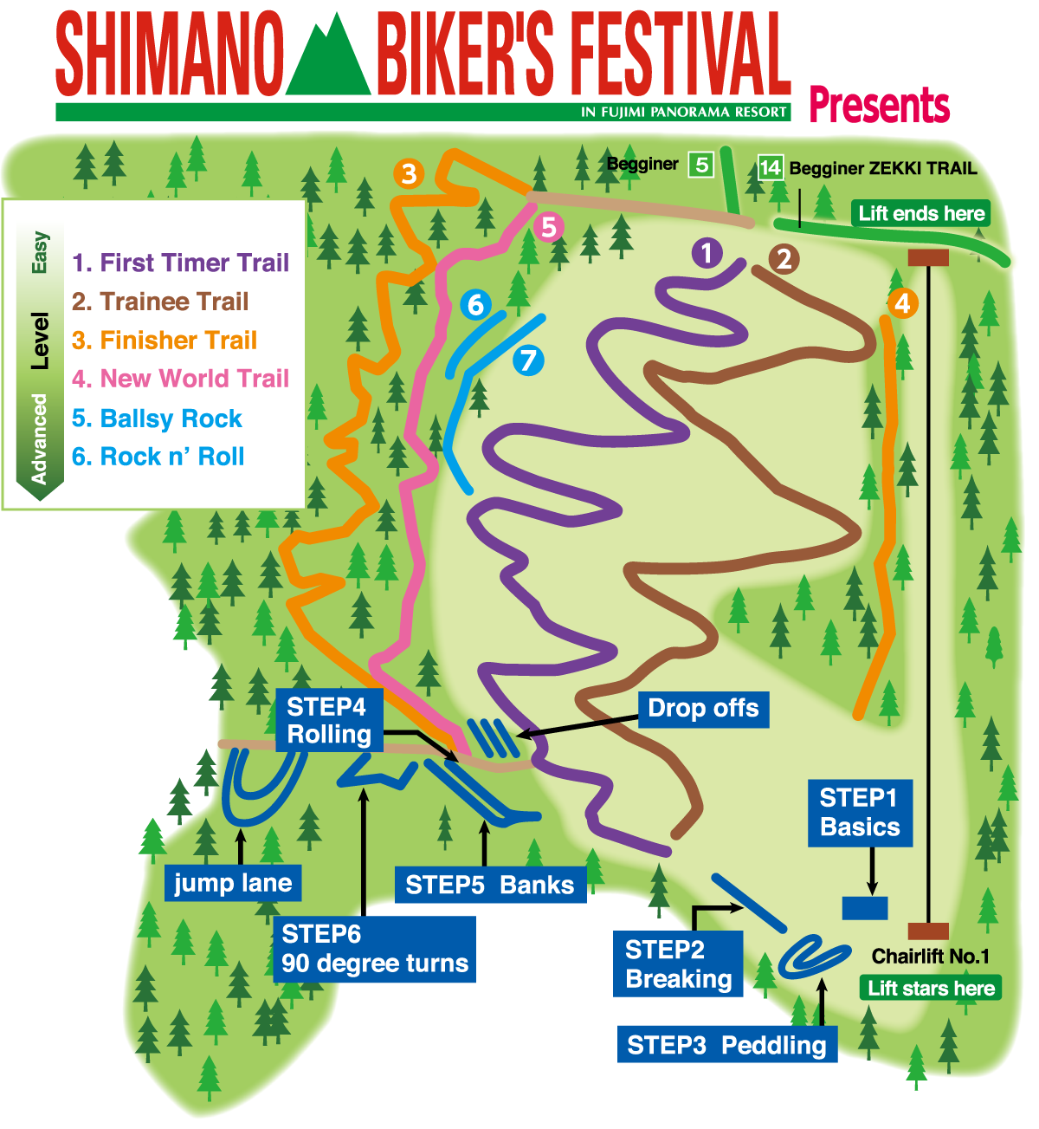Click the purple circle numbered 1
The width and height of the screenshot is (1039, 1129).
point(707,253)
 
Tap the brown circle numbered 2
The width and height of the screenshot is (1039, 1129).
point(784,258)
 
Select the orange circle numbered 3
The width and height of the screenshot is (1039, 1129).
point(409,173)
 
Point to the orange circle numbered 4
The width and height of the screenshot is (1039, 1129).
point(902,303)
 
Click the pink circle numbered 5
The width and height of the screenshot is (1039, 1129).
point(548,227)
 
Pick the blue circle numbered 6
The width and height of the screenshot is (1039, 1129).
point(475,304)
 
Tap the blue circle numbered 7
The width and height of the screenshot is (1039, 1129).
point(528,360)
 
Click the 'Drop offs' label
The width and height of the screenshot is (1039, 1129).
point(703,709)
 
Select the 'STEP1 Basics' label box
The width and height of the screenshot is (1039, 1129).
point(860,812)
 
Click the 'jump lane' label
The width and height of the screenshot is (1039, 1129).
point(233,883)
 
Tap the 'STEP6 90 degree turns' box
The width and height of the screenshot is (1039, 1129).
point(374,949)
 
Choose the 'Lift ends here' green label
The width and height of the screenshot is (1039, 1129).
point(921,213)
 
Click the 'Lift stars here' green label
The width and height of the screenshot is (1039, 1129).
point(931,989)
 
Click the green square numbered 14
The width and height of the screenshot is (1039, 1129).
point(770,166)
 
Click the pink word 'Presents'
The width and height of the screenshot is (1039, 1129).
point(879,106)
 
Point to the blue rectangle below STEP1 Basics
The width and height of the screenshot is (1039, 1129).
point(865,907)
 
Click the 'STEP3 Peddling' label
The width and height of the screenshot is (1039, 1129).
point(726,1045)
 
